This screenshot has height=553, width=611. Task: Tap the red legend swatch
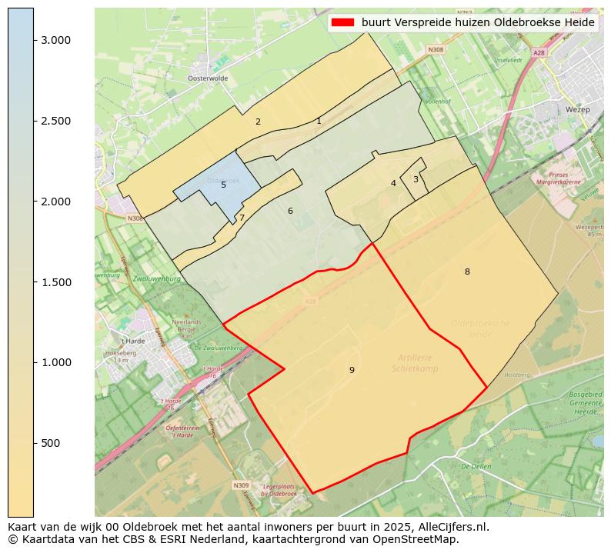[x=343, y=22]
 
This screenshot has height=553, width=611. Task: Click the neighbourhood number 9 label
[x=352, y=370]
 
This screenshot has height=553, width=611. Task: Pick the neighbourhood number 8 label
[x=467, y=272]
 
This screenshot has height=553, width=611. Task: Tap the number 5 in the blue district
[x=223, y=185]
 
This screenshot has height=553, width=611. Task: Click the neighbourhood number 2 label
[x=258, y=122]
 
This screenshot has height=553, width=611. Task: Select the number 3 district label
[x=416, y=179]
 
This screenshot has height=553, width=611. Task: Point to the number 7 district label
[x=242, y=218]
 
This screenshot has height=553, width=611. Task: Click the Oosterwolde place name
[x=208, y=78]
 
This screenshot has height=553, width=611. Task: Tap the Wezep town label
[x=577, y=110]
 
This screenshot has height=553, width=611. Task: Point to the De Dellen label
[x=476, y=466]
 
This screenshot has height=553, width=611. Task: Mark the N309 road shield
[x=241, y=485]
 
